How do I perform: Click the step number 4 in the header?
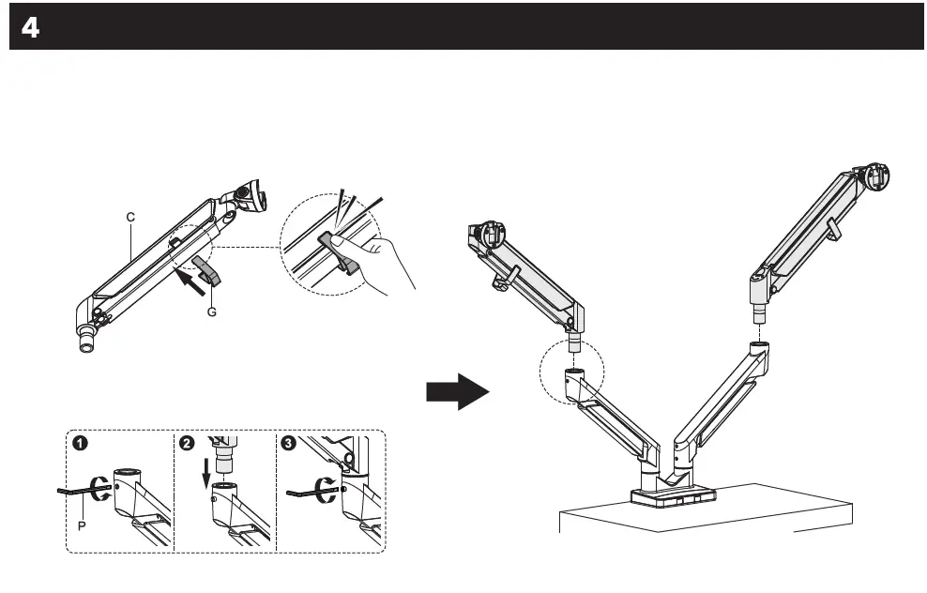coord(30,28)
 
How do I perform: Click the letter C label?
coord(130,217)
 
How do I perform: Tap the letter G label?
coord(211,312)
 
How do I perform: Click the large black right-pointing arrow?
coord(457,390)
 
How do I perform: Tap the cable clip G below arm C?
coord(208,269)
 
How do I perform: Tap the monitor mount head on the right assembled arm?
coord(874,175)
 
